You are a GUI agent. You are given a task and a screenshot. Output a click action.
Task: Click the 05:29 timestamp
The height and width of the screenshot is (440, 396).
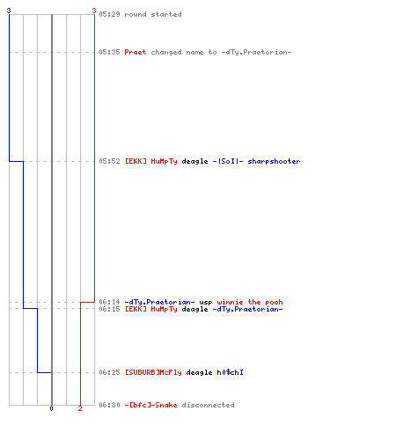[x=109, y=14]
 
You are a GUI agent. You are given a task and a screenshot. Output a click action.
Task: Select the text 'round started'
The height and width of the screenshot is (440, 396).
[x=153, y=14]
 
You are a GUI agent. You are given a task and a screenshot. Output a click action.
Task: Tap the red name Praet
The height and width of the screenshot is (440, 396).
[x=136, y=52]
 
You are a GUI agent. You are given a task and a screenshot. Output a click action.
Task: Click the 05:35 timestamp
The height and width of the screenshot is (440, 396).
[x=109, y=52]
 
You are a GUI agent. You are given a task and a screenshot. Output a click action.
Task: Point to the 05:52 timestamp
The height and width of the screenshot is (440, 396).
[x=109, y=161]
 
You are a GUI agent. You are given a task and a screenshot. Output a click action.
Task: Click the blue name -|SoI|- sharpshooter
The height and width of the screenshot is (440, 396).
[x=256, y=161]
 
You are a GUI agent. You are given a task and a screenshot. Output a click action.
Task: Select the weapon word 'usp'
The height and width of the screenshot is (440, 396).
[x=206, y=303]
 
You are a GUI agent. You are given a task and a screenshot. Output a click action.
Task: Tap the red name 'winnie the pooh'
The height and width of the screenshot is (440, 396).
[x=250, y=302]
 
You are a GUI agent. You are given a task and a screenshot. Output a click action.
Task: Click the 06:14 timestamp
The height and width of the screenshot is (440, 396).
[x=109, y=302]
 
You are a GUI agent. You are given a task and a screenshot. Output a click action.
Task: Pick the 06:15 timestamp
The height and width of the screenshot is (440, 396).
[x=109, y=309]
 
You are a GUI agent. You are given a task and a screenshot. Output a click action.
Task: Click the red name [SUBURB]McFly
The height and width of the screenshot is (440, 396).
[x=153, y=372]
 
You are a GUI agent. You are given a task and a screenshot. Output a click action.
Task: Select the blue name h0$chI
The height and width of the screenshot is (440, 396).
[x=230, y=372]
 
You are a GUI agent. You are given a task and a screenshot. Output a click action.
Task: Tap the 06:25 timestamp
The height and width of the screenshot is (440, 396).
[x=109, y=372]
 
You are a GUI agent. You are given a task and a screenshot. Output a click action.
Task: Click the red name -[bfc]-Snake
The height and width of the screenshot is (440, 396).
[x=150, y=405]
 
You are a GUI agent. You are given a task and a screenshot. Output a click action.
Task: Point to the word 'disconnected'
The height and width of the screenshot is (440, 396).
[x=208, y=405]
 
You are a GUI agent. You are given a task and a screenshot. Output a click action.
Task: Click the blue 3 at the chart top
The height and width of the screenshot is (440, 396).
[x=9, y=11]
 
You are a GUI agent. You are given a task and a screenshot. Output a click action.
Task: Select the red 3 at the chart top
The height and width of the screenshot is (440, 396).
[x=94, y=11]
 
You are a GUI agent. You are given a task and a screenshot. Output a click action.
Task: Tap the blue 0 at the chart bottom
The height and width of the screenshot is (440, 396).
[x=51, y=408]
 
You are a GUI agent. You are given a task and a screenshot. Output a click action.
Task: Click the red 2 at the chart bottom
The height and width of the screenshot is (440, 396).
[x=80, y=408]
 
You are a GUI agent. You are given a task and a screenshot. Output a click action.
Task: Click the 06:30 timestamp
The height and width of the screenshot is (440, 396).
[x=109, y=405]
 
